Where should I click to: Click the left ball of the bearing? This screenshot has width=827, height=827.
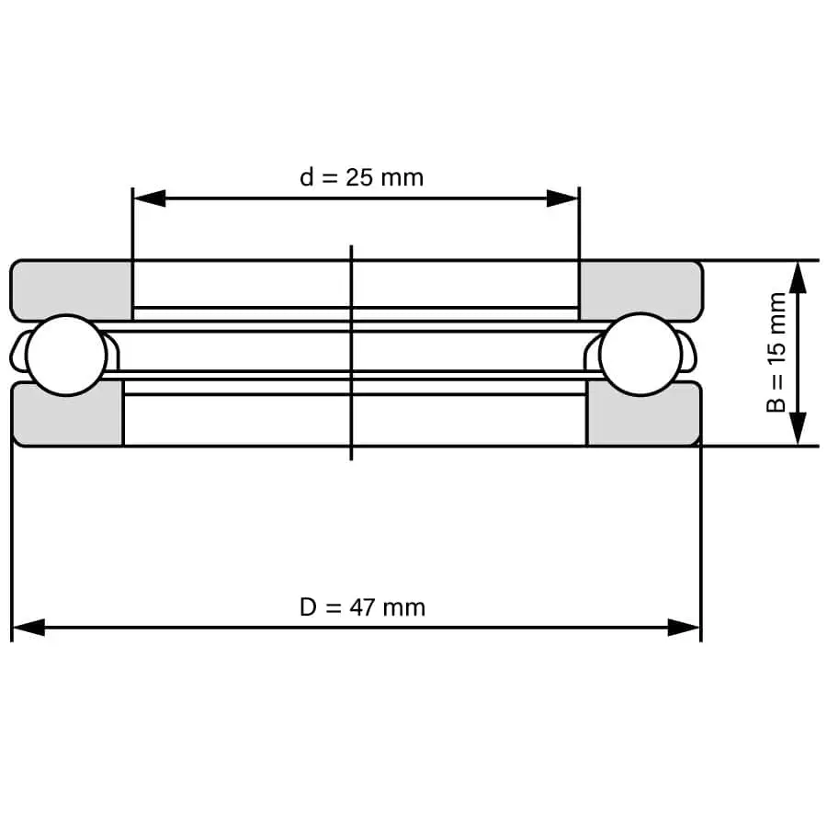click(66, 355)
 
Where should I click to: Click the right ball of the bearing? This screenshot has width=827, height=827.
click(640, 355)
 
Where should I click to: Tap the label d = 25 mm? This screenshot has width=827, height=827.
click(362, 177)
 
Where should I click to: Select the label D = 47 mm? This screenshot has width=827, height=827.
click(362, 607)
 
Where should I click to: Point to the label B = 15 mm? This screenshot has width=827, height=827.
click(776, 352)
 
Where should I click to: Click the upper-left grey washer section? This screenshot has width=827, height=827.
click(71, 289)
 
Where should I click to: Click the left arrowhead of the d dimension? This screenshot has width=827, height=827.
click(149, 198)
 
